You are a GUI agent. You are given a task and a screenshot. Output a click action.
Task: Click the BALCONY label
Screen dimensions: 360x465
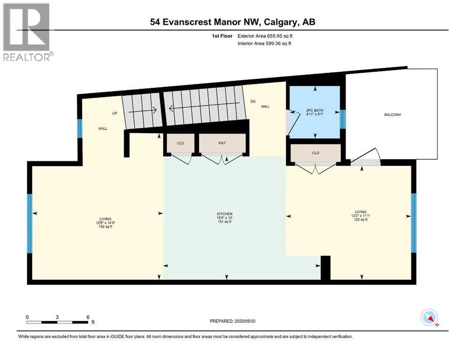(x=393, y=115)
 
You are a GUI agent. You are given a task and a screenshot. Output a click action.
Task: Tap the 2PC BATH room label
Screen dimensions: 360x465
(x=315, y=111)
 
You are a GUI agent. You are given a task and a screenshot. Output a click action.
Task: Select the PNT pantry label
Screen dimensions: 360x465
(x=222, y=143)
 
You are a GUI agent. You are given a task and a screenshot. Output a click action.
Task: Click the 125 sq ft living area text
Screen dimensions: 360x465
(x=360, y=219)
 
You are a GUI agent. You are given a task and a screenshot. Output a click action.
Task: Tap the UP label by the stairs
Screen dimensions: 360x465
(x=114, y=113)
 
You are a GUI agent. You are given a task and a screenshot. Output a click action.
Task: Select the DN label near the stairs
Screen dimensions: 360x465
(x=253, y=101)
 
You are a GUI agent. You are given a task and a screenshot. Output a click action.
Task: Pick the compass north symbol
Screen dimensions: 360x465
(x=428, y=318)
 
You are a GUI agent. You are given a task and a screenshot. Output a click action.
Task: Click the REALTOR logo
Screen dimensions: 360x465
(x=27, y=32)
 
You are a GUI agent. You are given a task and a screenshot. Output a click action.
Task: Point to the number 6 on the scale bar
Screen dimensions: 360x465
(x=88, y=317)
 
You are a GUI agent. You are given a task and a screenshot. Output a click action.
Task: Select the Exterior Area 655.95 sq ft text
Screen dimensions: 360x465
(x=268, y=36)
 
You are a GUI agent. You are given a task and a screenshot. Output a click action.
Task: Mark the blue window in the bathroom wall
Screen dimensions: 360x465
(x=343, y=119)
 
